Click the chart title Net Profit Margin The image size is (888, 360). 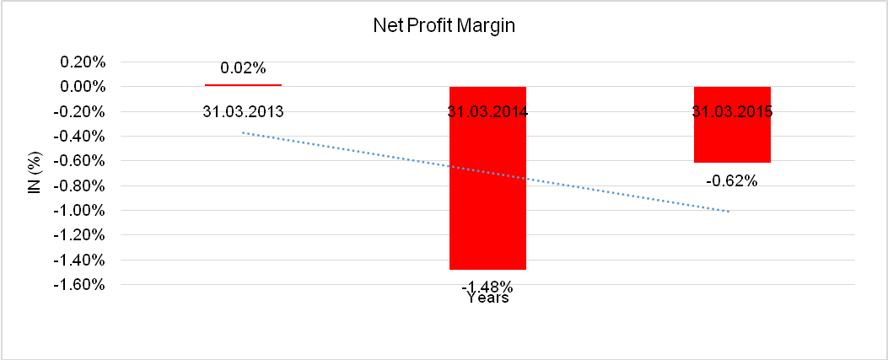click(444, 26)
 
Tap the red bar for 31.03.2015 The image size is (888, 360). click(732, 139)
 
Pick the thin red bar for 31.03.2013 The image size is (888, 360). click(243, 85)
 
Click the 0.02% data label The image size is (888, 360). click(242, 68)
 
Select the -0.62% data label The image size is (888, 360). click(732, 180)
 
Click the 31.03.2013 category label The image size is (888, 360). click(243, 111)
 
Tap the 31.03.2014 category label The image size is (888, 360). click(487, 111)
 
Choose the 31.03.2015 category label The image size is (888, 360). click(732, 111)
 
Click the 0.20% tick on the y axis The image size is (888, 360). click(81, 62)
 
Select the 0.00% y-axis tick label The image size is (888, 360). click(81, 87)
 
